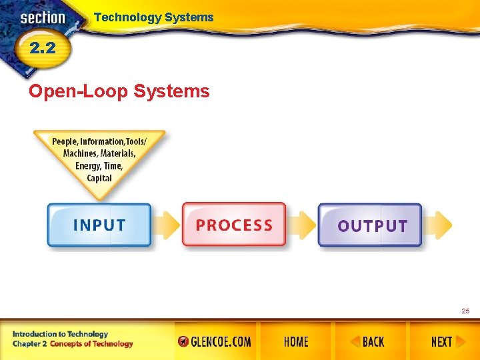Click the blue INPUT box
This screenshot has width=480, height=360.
point(99,225)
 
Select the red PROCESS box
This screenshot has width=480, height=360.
point(234,225)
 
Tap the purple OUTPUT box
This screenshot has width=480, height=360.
point(371,226)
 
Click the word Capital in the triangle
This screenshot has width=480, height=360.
point(99,178)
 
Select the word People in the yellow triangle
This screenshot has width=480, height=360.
point(65,141)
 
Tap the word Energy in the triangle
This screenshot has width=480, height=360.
point(88,166)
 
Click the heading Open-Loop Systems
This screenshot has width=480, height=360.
point(119,91)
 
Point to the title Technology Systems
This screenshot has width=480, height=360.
point(153,17)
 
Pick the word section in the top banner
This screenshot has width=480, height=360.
point(43,18)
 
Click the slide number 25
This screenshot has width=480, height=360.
point(465,311)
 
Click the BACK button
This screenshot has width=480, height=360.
point(367,342)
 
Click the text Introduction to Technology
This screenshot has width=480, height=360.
point(60,334)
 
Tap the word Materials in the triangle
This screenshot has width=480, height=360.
point(118,153)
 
